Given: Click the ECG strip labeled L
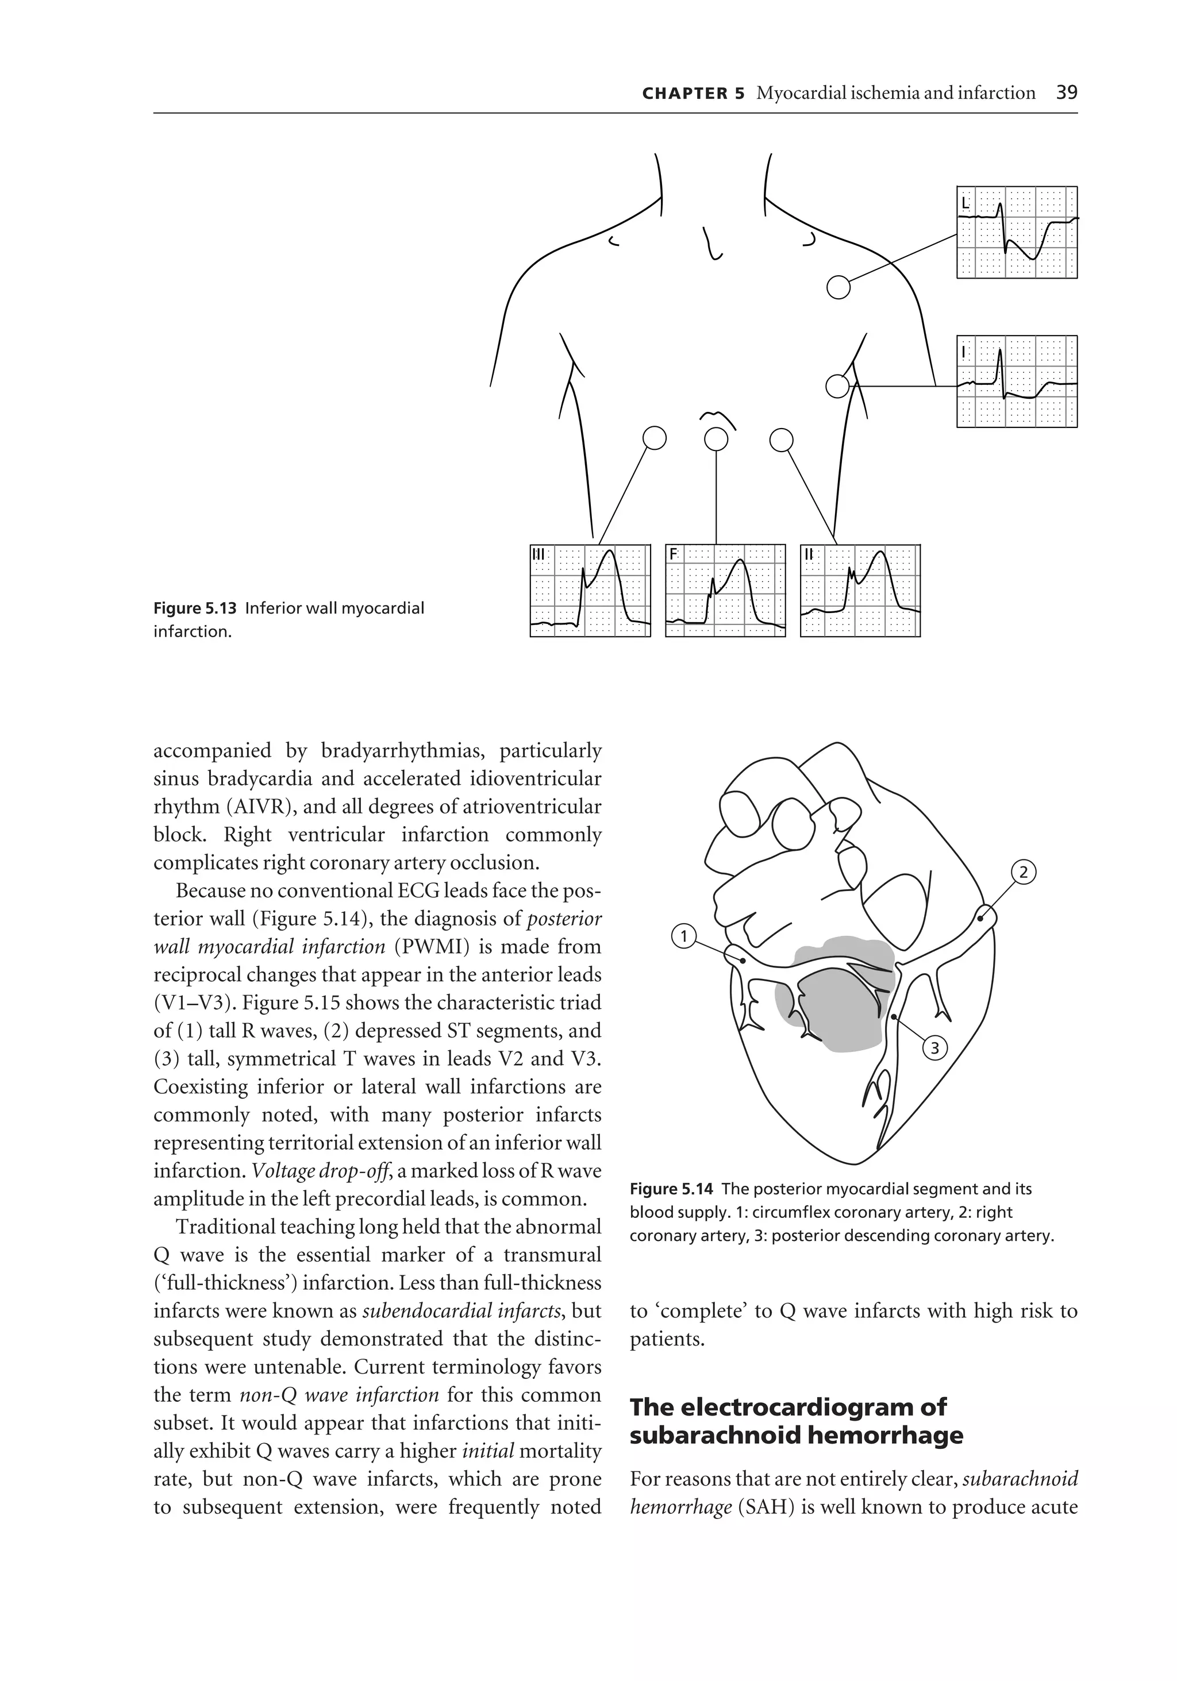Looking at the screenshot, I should pyautogui.click(x=1016, y=232).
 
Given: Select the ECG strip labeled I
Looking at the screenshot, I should pyautogui.click(x=1016, y=381).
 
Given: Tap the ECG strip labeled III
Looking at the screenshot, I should pyautogui.click(x=590, y=590).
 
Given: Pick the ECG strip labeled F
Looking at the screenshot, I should pyautogui.click(x=725, y=590).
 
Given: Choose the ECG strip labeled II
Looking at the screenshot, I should pyautogui.click(x=860, y=590).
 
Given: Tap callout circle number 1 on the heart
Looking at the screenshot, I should pyautogui.click(x=683, y=936).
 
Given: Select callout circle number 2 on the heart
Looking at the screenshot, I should pyautogui.click(x=1023, y=872).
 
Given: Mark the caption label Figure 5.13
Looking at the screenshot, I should pyautogui.click(x=195, y=608).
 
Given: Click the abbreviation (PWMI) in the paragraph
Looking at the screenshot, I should pyautogui.click(x=425, y=947).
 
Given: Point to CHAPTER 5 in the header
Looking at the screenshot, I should pyautogui.click(x=692, y=93).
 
